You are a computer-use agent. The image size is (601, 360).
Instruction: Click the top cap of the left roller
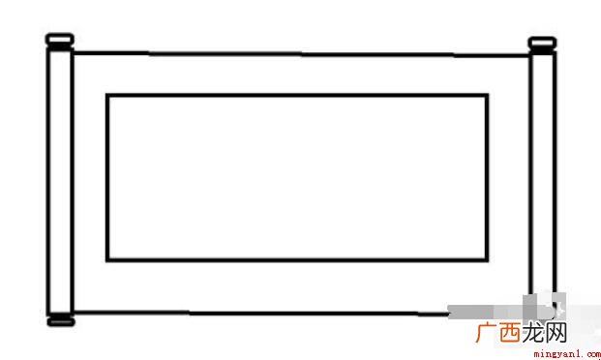60,39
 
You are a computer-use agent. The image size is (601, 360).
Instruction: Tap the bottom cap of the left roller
61,321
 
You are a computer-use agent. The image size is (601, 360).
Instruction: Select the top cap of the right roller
542,43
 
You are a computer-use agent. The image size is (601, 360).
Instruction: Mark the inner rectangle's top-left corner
107,95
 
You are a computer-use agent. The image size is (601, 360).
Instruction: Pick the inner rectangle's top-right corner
487,95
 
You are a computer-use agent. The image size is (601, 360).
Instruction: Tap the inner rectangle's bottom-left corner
107,260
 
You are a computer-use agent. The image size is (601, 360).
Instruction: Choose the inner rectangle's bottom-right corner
487,260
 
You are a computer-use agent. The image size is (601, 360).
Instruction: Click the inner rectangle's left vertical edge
107,177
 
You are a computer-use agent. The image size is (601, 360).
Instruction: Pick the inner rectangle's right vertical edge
487,177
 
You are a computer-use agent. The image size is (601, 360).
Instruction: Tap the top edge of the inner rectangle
297,95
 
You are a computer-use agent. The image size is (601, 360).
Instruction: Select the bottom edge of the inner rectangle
297,260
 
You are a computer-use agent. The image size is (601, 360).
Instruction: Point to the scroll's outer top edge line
301,54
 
